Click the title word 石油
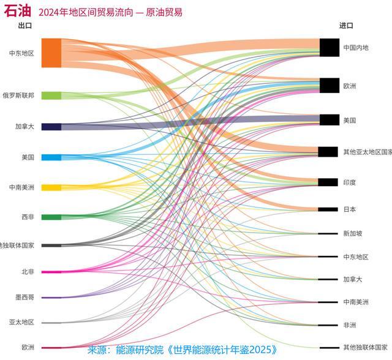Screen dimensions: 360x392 point(17,11)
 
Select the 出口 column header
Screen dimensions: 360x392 point(25,26)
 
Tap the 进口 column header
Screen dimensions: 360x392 point(347,26)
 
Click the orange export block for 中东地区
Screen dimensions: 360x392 point(51,53)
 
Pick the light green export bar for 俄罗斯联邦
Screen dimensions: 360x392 point(51,96)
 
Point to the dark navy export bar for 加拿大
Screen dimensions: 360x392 point(51,127)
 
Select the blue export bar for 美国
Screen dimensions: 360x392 point(51,157)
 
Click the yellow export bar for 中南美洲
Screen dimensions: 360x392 point(51,187)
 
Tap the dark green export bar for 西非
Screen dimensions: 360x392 point(51,217)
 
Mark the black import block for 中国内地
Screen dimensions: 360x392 point(329,47)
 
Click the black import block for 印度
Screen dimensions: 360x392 point(328,182)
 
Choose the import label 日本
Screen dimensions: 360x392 point(349,209)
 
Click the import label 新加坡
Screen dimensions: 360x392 point(353,233)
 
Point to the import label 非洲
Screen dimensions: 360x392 point(349,325)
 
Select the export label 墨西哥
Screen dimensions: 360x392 point(25,298)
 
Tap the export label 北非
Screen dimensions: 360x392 point(28,272)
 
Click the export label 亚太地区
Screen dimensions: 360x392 point(22,323)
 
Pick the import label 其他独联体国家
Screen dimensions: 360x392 point(365,347)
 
